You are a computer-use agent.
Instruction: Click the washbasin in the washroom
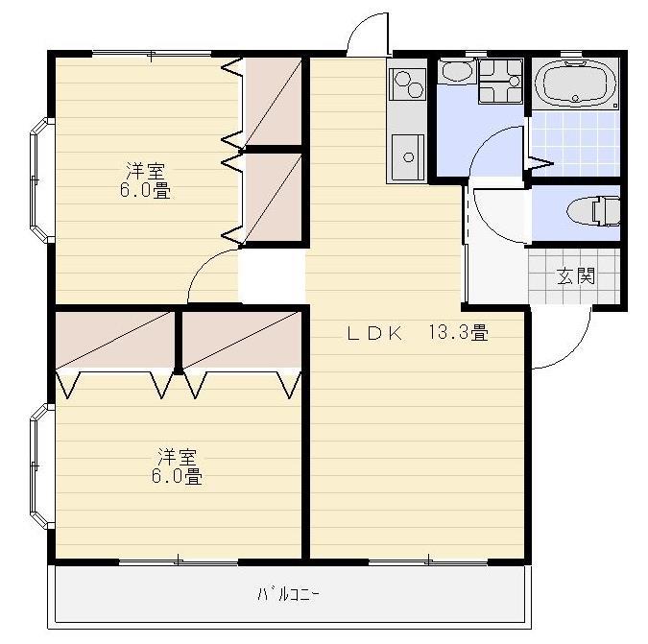coord(455,74)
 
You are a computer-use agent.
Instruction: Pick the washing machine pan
coord(500,82)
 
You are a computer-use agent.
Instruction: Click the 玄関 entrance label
coord(576,276)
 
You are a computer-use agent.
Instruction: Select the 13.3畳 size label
coord(458,333)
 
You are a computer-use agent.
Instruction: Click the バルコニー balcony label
coord(288,594)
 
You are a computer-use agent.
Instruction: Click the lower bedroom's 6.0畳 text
coord(177,475)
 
